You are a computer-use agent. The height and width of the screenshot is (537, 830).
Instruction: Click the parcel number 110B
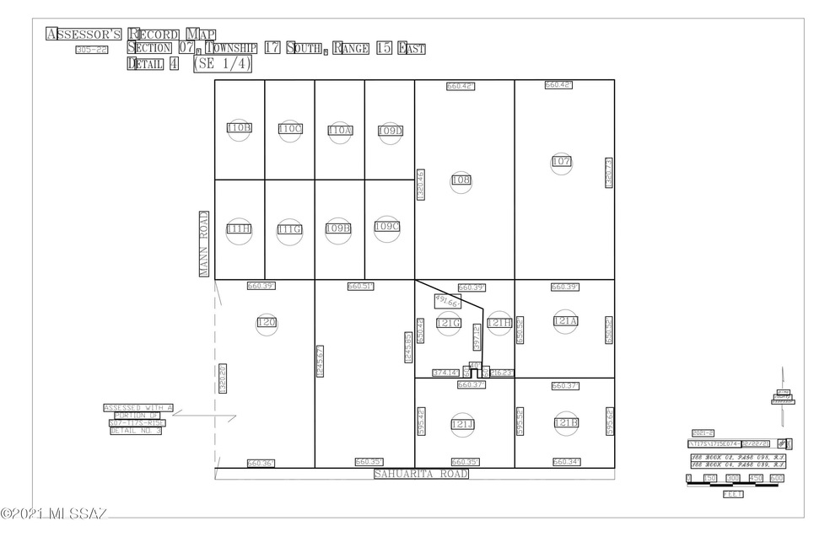coord(240,128)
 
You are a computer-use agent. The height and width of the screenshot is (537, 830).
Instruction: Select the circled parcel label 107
coord(563,161)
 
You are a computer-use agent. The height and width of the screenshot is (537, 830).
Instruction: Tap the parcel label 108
coord(461,180)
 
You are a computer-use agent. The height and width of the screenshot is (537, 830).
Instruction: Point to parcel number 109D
coord(390,131)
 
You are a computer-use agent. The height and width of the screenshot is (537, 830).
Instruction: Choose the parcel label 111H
coord(240,228)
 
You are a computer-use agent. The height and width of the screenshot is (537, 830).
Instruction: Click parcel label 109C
coord(387,226)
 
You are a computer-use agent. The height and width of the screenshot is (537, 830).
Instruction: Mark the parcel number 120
coord(267,322)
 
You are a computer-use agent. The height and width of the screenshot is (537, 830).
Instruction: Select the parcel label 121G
coord(448,323)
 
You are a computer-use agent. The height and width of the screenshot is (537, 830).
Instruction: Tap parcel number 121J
coord(463,424)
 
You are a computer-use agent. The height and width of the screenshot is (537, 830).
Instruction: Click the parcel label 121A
coord(564,321)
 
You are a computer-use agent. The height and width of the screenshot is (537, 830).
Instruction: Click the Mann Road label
coord(203,244)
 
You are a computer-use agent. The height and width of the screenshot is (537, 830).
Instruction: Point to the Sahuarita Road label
coord(421,475)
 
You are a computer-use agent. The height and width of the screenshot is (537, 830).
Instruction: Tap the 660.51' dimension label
coord(360,287)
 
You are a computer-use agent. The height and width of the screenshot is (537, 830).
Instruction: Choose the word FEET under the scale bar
coord(732,494)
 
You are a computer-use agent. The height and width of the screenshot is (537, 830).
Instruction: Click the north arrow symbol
coord(784,393)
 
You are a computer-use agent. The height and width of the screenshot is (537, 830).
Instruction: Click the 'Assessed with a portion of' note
coord(137,419)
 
